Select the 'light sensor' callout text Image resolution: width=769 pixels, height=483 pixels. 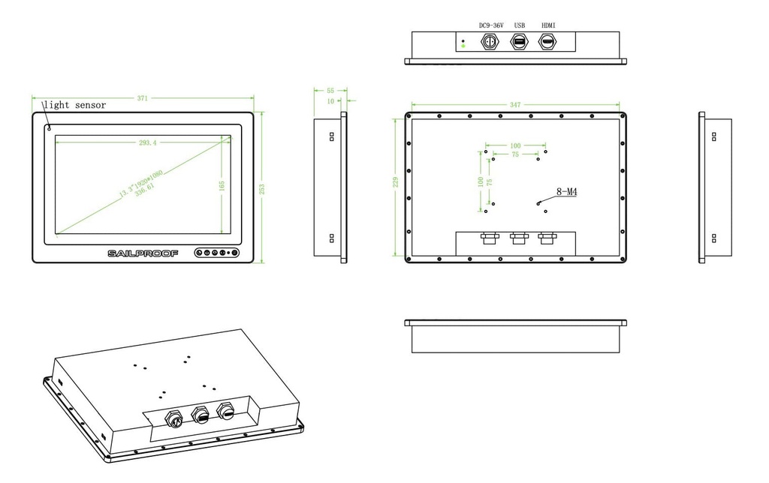click(x=74, y=105)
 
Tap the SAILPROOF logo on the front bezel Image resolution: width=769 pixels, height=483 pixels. click(x=143, y=253)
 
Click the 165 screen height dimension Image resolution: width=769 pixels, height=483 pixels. click(x=222, y=185)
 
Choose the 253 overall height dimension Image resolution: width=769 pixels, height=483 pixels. click(x=261, y=187)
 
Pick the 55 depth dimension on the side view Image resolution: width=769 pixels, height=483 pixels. click(x=330, y=90)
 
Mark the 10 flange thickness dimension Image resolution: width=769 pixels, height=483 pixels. click(x=330, y=100)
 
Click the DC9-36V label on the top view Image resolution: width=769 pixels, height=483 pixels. click(x=491, y=25)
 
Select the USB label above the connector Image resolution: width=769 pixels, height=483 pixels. click(x=519, y=25)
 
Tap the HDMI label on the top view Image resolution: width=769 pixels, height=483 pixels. click(x=548, y=25)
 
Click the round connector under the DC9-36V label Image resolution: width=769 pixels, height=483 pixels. click(x=490, y=43)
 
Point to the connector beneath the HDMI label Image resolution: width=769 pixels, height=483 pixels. click(x=547, y=43)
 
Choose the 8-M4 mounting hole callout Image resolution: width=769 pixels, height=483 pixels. click(x=567, y=192)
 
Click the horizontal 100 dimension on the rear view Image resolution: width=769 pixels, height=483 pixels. click(x=515, y=145)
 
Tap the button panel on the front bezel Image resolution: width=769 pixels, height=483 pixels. click(x=216, y=253)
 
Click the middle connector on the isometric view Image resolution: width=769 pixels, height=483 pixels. click(x=201, y=413)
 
